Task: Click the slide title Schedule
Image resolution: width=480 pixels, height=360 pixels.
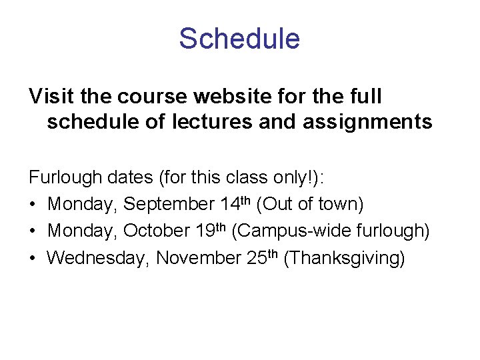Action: tap(239, 39)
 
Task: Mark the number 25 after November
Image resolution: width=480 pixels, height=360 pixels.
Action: tap(256, 257)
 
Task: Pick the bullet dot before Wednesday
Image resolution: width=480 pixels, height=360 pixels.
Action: tap(33, 257)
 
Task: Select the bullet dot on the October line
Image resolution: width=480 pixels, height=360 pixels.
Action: tap(33, 231)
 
